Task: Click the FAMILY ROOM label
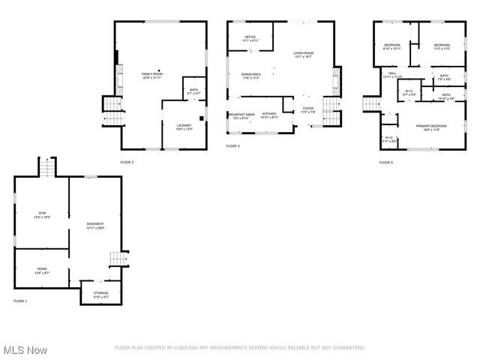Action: point(152,74)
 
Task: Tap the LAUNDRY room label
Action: point(184,125)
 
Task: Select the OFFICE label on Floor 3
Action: point(250,37)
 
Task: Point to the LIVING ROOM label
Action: point(303,52)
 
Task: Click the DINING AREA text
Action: point(250,74)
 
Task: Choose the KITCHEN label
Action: point(268,113)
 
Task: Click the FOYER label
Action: point(307,109)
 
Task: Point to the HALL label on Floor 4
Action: point(392,73)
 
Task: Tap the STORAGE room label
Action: point(100,292)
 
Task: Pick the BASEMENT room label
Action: point(95,224)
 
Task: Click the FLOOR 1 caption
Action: point(20,301)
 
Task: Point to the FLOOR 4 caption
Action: point(385,162)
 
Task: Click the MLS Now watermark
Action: point(25,350)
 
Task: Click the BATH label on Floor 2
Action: point(193,91)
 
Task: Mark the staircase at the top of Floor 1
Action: point(46,168)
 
